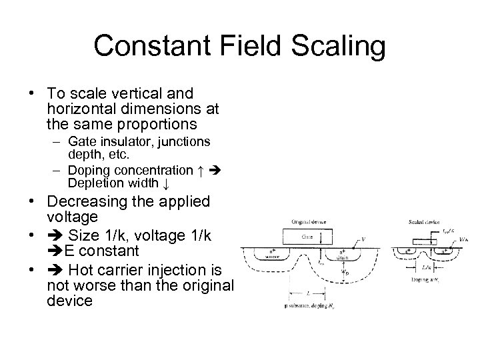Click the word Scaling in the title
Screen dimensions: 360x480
click(339, 47)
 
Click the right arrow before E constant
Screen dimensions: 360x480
click(55, 251)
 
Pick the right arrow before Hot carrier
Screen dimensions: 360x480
click(55, 270)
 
